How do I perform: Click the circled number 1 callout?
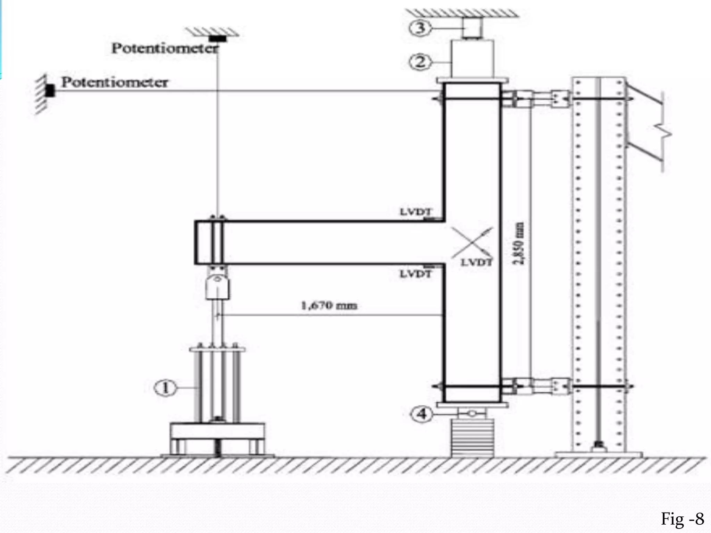click(x=165, y=388)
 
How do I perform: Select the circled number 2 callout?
click(x=420, y=62)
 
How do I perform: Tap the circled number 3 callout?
click(x=420, y=27)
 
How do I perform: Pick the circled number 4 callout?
click(x=422, y=414)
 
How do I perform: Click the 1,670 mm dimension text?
click(x=328, y=306)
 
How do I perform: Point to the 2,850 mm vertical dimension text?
click(x=519, y=243)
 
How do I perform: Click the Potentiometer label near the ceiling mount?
click(x=165, y=48)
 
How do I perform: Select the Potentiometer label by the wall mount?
click(x=115, y=82)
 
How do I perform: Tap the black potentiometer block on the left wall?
click(x=51, y=91)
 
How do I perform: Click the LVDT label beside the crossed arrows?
click(x=476, y=262)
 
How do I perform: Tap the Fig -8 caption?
click(x=682, y=519)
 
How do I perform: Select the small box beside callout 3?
click(x=472, y=28)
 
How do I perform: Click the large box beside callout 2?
click(x=472, y=59)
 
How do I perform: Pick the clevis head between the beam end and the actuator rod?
click(x=217, y=286)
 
